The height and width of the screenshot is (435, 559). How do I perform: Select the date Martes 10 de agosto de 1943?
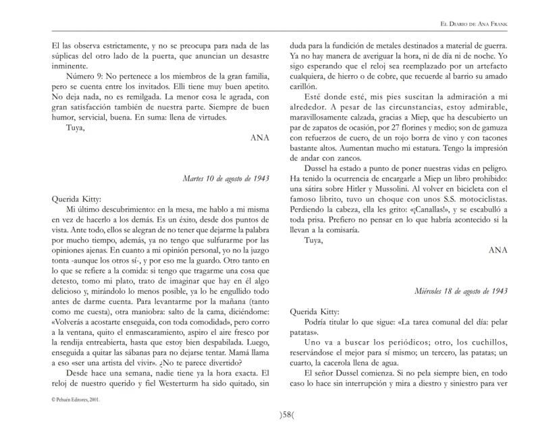226,179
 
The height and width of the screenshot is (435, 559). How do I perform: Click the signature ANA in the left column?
260,136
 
